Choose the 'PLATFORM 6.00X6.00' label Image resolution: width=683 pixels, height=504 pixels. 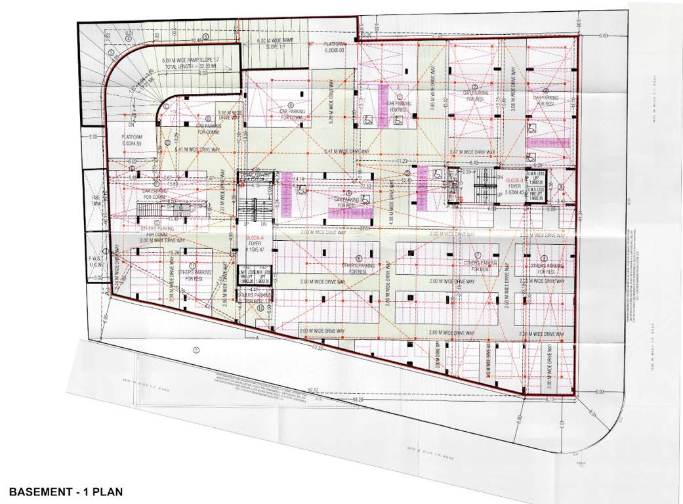point(339,47)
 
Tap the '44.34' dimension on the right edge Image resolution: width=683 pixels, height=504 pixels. point(580,214)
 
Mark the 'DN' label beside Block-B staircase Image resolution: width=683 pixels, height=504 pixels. point(499,177)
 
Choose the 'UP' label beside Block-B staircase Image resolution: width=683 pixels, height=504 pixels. point(500,195)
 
